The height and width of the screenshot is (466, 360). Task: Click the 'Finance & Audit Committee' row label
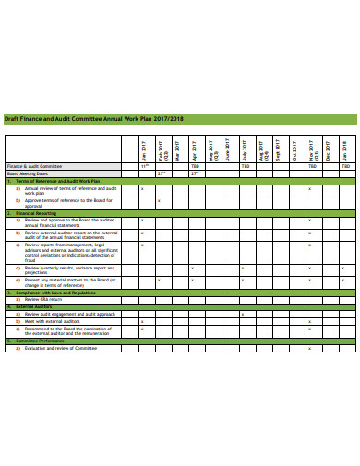point(37,167)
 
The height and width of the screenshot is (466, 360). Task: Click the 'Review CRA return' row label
point(46,300)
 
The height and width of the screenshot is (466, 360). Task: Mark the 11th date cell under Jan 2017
point(143,167)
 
